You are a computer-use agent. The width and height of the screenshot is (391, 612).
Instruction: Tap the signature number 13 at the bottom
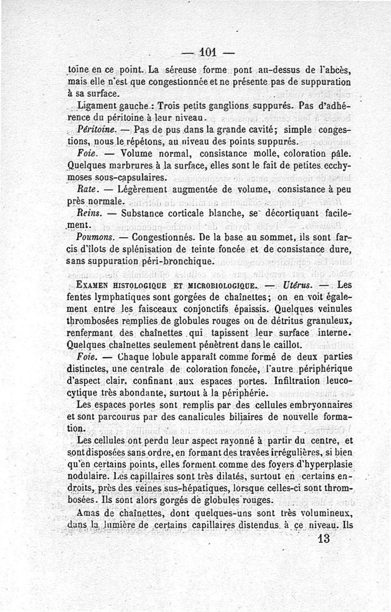click(x=323, y=539)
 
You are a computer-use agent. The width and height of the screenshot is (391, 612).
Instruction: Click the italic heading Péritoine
click(x=96, y=130)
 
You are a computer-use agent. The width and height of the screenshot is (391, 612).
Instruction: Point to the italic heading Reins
click(x=88, y=213)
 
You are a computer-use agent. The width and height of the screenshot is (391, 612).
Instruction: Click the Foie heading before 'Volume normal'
click(x=87, y=153)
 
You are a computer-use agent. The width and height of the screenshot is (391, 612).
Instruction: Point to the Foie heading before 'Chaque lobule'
click(x=88, y=356)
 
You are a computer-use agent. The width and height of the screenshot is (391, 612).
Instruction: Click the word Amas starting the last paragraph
click(x=89, y=513)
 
